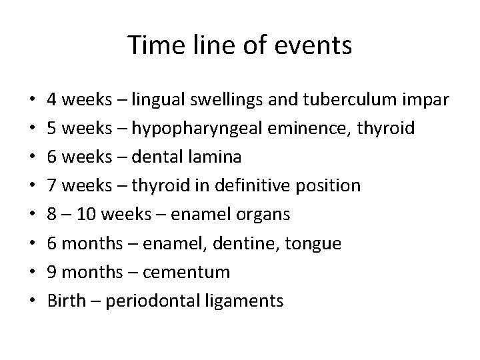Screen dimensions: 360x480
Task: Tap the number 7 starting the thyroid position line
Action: point(52,185)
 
